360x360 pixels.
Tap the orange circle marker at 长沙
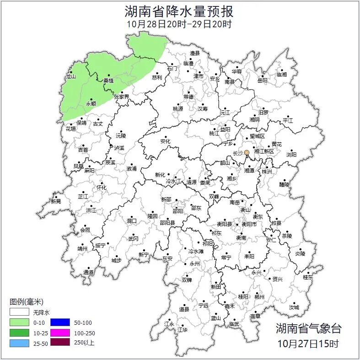click(x=247, y=152)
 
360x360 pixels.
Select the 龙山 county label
click(x=70, y=77)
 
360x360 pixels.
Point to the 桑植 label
click(x=108, y=81)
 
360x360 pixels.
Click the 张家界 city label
click(x=122, y=97)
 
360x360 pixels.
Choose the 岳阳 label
click(x=263, y=81)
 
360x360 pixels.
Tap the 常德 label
click(x=188, y=97)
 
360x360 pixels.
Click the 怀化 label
click(x=101, y=188)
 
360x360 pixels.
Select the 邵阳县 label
click(x=167, y=223)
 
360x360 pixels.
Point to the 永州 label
click(x=195, y=264)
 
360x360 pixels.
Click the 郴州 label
click(x=260, y=297)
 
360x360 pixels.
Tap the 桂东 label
click(x=308, y=277)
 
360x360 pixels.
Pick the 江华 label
click(x=183, y=329)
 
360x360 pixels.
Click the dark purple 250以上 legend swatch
click(x=60, y=342)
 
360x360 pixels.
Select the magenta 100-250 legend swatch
click(x=60, y=332)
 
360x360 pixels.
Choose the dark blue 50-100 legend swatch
click(x=60, y=322)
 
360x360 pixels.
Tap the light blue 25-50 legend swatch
click(x=19, y=342)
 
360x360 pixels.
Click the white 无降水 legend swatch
click(x=19, y=312)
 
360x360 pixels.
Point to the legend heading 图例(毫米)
click(x=27, y=301)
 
